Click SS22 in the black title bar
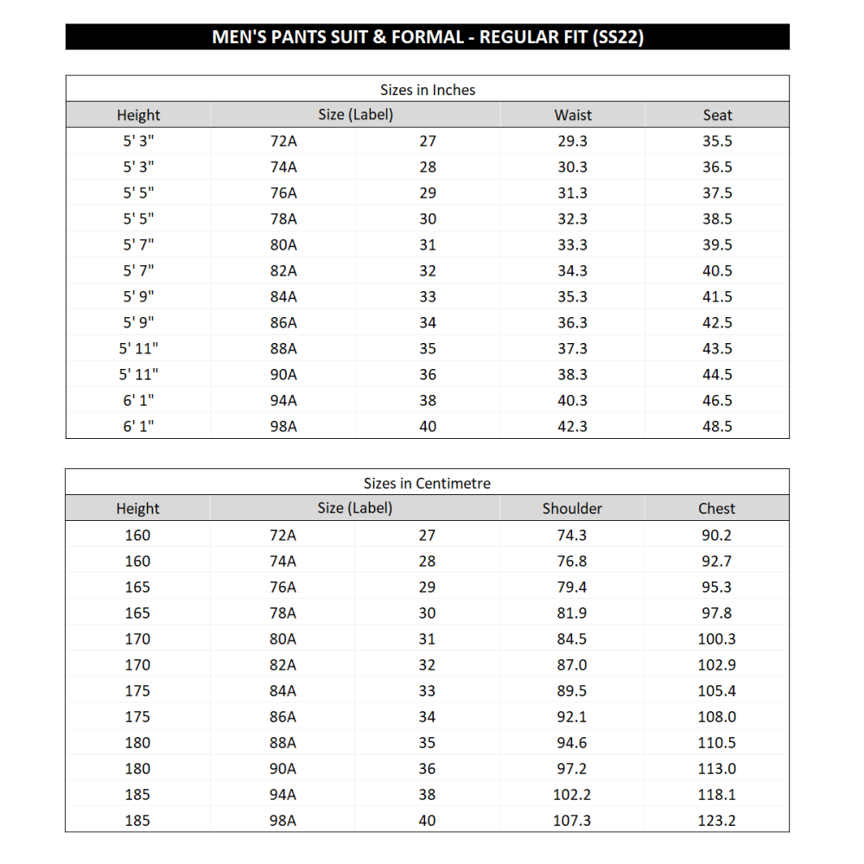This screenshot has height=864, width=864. (x=619, y=37)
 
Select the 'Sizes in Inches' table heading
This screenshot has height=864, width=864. (x=428, y=90)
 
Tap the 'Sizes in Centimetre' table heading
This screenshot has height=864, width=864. (x=427, y=484)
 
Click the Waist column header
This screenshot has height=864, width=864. (x=573, y=115)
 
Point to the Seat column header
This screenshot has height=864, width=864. (x=717, y=115)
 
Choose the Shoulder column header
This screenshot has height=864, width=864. (x=572, y=509)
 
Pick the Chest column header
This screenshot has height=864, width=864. (x=717, y=509)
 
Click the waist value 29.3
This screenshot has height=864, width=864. (x=572, y=141)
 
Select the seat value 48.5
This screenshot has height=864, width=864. (x=717, y=426)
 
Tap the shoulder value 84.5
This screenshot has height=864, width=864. (x=572, y=638)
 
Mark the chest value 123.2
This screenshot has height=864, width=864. (x=717, y=820)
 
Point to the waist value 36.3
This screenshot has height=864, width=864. (x=572, y=322)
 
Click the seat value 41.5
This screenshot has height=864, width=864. (x=717, y=296)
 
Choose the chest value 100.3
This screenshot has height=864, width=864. (x=717, y=638)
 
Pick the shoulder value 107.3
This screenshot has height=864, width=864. (x=572, y=820)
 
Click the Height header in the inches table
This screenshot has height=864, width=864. (x=138, y=115)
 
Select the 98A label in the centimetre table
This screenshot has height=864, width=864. (x=283, y=820)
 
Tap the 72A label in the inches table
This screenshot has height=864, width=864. (x=283, y=141)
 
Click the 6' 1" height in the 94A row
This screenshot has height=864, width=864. (x=138, y=400)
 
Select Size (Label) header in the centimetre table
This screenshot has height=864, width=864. (x=354, y=508)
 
